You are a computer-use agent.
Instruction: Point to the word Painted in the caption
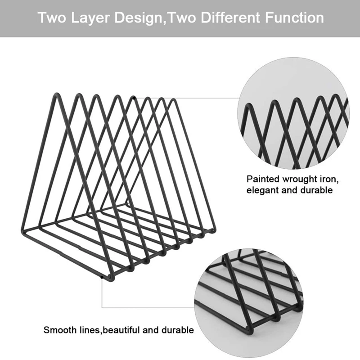pyautogui.click(x=262, y=179)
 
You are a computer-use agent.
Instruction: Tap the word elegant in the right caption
pyautogui.click(x=262, y=190)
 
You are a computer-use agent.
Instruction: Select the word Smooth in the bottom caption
pyautogui.click(x=59, y=330)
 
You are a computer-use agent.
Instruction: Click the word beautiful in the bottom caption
pyautogui.click(x=122, y=330)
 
